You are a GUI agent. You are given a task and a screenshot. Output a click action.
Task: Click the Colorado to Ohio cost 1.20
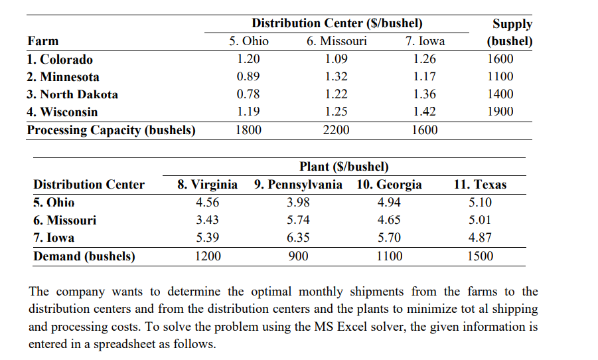click(x=249, y=59)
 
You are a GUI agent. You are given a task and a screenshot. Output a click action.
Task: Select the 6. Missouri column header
click(x=336, y=41)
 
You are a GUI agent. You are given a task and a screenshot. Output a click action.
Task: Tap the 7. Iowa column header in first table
click(x=425, y=41)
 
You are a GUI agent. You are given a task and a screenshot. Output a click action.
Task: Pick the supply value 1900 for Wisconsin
click(x=500, y=112)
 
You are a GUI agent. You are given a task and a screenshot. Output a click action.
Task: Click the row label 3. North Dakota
click(x=72, y=94)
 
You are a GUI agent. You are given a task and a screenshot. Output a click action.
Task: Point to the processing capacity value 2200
click(x=336, y=130)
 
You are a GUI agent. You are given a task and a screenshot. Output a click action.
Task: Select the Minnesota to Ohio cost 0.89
click(x=249, y=76)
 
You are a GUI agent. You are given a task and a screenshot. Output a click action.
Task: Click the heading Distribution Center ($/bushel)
click(x=336, y=23)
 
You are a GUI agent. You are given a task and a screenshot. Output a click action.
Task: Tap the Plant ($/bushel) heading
click(x=344, y=166)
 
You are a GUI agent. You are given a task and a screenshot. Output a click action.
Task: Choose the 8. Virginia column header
click(x=208, y=185)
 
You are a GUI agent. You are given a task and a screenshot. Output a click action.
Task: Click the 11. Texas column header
click(x=480, y=185)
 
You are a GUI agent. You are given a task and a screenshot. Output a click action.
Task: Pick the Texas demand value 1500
click(x=480, y=256)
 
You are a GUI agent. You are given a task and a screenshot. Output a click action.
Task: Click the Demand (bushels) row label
click(x=84, y=256)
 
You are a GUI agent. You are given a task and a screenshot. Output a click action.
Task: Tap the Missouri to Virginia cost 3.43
click(x=208, y=221)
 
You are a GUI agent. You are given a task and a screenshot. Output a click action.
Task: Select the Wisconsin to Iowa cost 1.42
click(x=425, y=112)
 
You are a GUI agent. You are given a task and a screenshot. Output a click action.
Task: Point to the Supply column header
click(x=512, y=24)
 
